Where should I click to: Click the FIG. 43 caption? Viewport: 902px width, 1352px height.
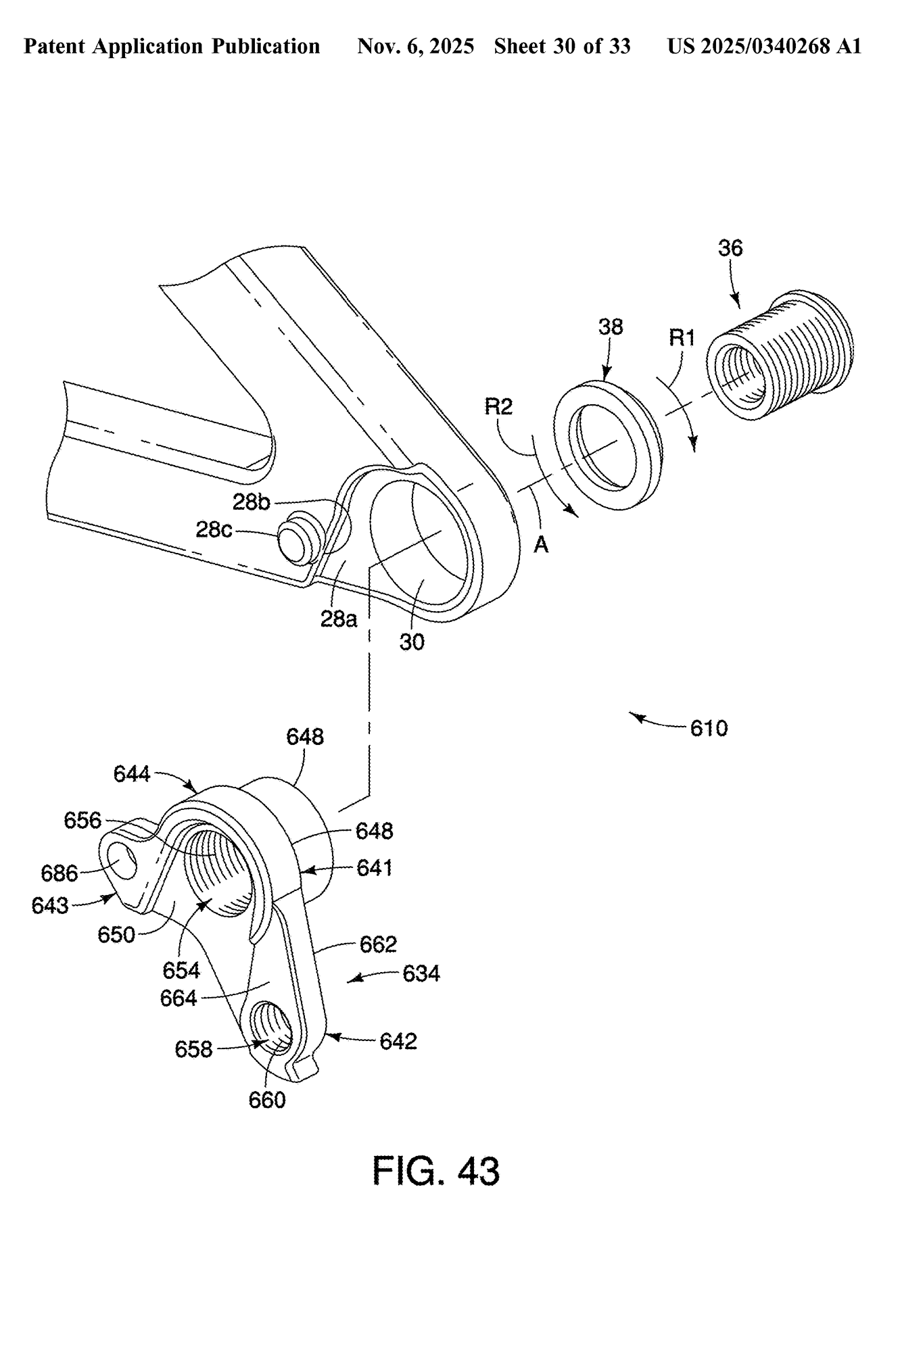436,1172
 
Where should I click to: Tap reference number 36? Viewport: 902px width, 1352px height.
730,248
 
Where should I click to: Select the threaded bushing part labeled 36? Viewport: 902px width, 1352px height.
780,354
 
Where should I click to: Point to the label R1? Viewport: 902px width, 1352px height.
682,338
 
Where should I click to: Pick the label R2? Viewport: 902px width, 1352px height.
499,406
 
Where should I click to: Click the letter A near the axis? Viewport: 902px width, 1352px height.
541,544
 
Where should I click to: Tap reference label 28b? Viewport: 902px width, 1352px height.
252,502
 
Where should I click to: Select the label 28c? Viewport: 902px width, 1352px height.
214,529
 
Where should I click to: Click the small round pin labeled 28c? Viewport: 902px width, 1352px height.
298,539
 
